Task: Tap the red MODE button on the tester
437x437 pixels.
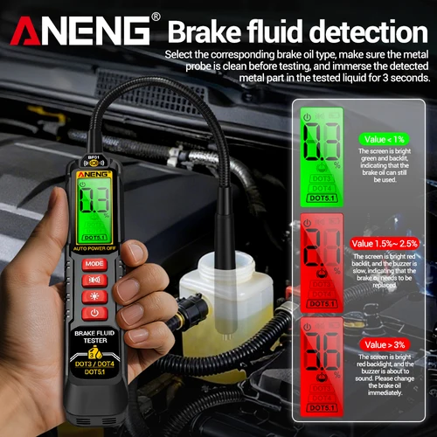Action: point(94,263)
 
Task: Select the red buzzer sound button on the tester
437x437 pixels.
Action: point(94,280)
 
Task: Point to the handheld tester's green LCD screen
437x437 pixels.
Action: point(94,210)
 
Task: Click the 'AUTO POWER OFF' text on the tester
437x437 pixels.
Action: point(94,248)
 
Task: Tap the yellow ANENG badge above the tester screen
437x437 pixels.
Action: point(94,174)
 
